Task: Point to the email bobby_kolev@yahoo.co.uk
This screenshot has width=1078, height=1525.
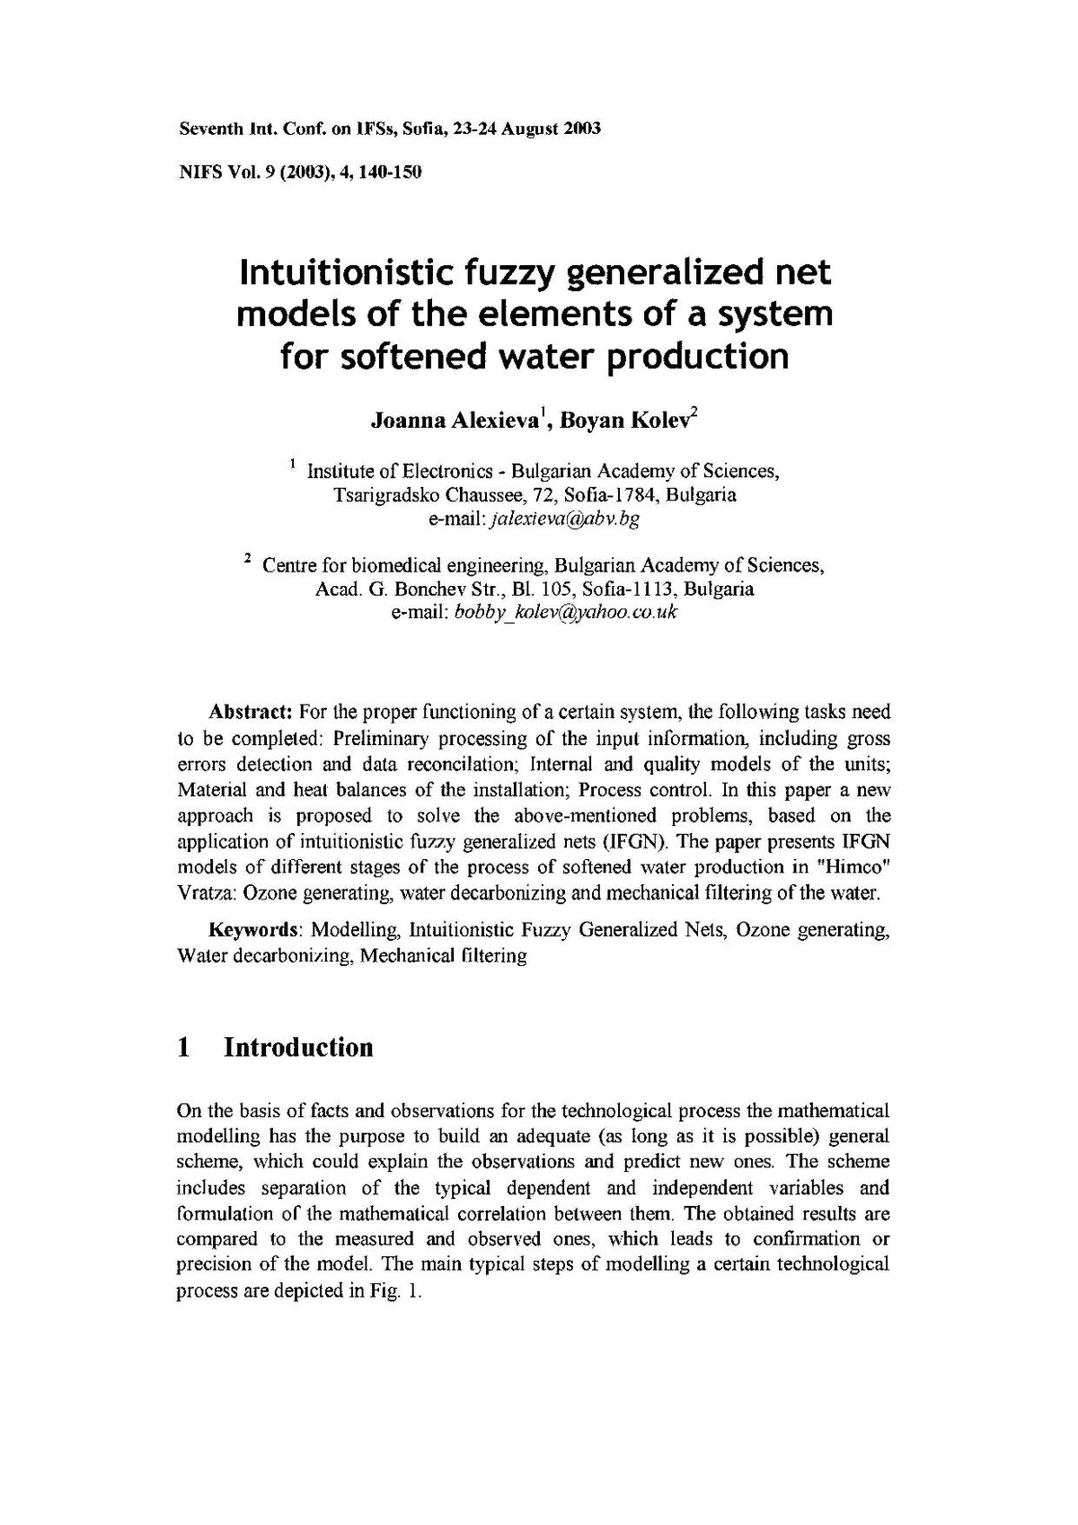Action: pos(566,613)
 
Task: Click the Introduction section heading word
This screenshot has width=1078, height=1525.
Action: pos(298,1048)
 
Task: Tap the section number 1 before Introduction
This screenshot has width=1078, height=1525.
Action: pos(184,1048)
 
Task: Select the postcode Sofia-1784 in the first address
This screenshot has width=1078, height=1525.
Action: pos(612,494)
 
